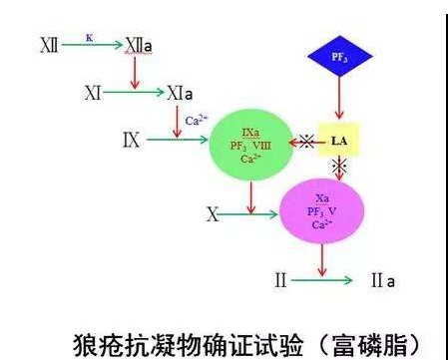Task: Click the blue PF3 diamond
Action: pos(339,60)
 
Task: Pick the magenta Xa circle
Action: pos(320,211)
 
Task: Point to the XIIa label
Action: pos(138,46)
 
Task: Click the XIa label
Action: pos(180,93)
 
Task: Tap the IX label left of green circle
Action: pos(130,140)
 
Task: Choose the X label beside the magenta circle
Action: pos(212,213)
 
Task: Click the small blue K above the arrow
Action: pos(89,36)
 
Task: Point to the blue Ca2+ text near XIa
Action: pos(196,121)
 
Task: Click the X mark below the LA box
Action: pos(338,168)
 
